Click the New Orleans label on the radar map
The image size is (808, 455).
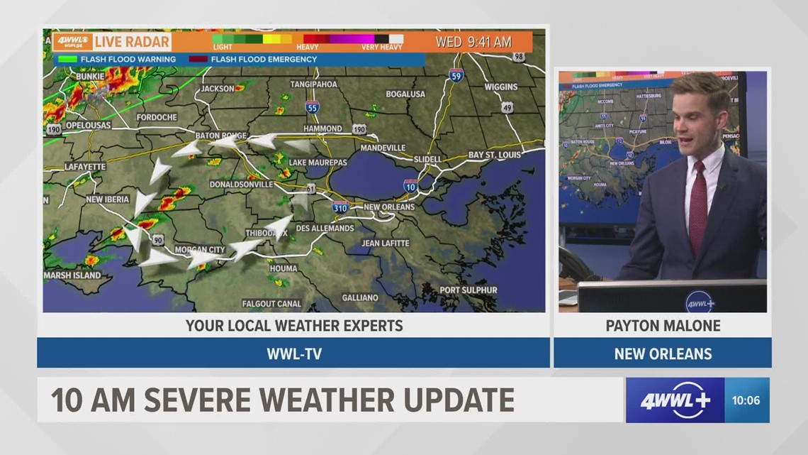pos(388,207)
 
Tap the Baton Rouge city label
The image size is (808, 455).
pos(221,136)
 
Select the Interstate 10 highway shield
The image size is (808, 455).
pos(410,186)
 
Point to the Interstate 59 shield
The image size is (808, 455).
pos(456,75)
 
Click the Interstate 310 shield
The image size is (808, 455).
pos(340,207)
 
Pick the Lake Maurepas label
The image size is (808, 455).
pos(318,163)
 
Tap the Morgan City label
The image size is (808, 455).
pos(200,250)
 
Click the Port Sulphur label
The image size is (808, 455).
pos(468,290)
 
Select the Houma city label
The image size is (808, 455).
pos(283,269)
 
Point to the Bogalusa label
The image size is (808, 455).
pos(405,94)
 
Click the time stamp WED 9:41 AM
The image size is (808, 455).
pos(473,42)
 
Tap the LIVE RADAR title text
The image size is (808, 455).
pos(133,42)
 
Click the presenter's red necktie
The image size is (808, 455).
pos(697,205)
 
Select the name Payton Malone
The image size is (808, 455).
pos(663,326)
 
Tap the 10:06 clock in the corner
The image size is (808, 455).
pos(746,400)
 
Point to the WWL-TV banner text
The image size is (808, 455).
pos(293,353)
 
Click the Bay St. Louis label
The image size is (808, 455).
pos(494,155)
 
